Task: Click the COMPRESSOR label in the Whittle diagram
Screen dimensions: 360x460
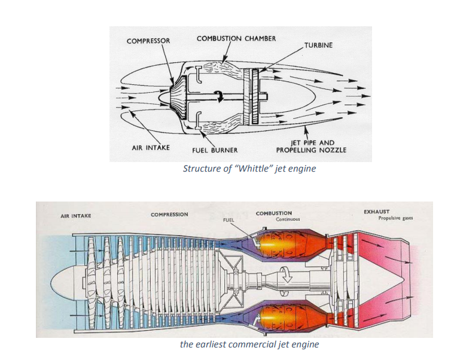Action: click(x=148, y=41)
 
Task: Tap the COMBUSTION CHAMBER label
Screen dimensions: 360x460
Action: click(x=236, y=38)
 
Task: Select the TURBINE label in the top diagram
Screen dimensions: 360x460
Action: click(x=318, y=45)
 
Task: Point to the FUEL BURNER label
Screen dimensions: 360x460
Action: click(x=215, y=150)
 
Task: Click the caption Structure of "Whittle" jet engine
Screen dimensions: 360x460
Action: click(x=249, y=169)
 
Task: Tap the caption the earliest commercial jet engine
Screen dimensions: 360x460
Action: click(x=249, y=344)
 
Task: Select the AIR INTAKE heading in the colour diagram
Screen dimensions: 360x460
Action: click(x=76, y=215)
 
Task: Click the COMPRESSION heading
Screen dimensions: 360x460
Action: click(x=169, y=214)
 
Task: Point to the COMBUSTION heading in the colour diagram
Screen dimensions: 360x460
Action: click(x=274, y=213)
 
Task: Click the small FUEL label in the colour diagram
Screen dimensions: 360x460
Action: click(x=228, y=220)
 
